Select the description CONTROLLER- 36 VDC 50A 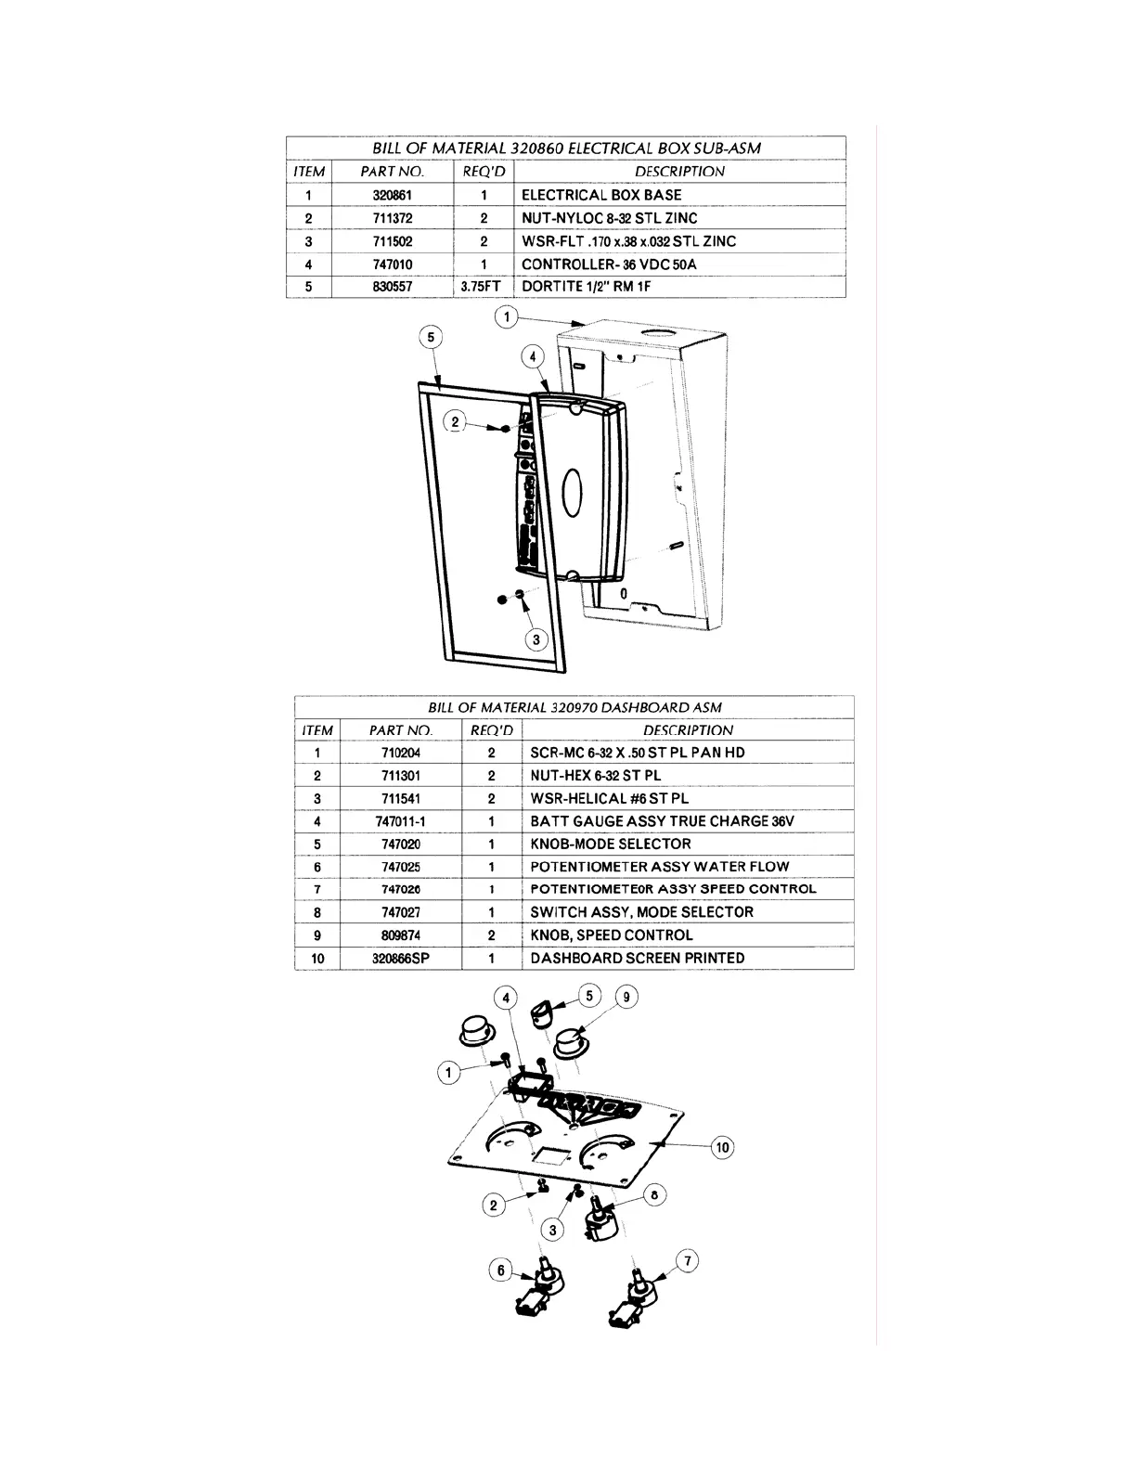pos(608,264)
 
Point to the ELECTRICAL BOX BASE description pos(600,195)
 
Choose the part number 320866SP pos(401,959)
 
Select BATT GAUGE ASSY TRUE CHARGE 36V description pos(662,821)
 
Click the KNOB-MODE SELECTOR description pos(610,844)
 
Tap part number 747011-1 pos(401,821)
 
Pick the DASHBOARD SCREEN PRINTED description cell pos(637,958)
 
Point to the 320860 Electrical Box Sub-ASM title pos(566,148)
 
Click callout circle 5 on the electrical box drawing pos(431,337)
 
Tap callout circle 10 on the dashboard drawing pos(722,1148)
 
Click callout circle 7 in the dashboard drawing pos(688,1261)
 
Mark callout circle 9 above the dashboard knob pos(626,997)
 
